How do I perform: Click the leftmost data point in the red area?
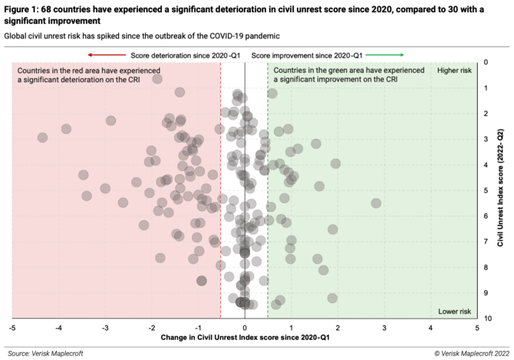(x=42, y=137)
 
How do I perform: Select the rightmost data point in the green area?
(x=376, y=203)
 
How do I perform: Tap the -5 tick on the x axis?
(x=12, y=328)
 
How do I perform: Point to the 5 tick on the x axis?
(x=476, y=328)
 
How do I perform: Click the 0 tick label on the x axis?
(x=245, y=328)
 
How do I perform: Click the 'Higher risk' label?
(x=453, y=71)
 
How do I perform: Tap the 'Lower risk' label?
(x=453, y=311)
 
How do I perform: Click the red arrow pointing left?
(x=105, y=55)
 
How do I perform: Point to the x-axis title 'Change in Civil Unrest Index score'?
(x=245, y=338)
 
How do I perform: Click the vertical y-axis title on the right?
(x=500, y=190)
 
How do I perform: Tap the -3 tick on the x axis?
(x=105, y=328)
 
